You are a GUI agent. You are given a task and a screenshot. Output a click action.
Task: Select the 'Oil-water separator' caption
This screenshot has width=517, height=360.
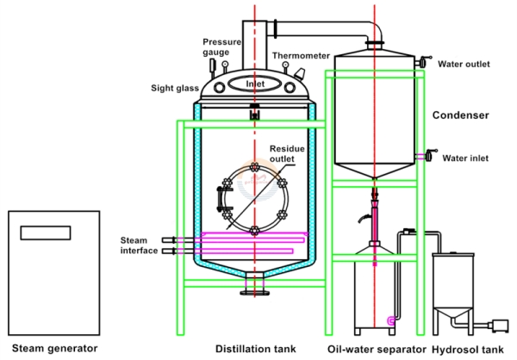point(377,349)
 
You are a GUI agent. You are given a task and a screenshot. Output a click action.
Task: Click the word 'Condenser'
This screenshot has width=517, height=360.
point(461,115)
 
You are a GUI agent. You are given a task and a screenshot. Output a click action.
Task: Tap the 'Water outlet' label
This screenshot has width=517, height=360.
point(469,63)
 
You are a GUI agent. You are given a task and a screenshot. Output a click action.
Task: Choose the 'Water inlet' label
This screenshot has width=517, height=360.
point(466,158)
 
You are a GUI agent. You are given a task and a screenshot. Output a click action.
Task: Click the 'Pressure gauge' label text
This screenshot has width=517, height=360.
point(216,47)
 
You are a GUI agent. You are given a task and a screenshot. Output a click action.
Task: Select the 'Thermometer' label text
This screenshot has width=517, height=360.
point(301,56)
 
